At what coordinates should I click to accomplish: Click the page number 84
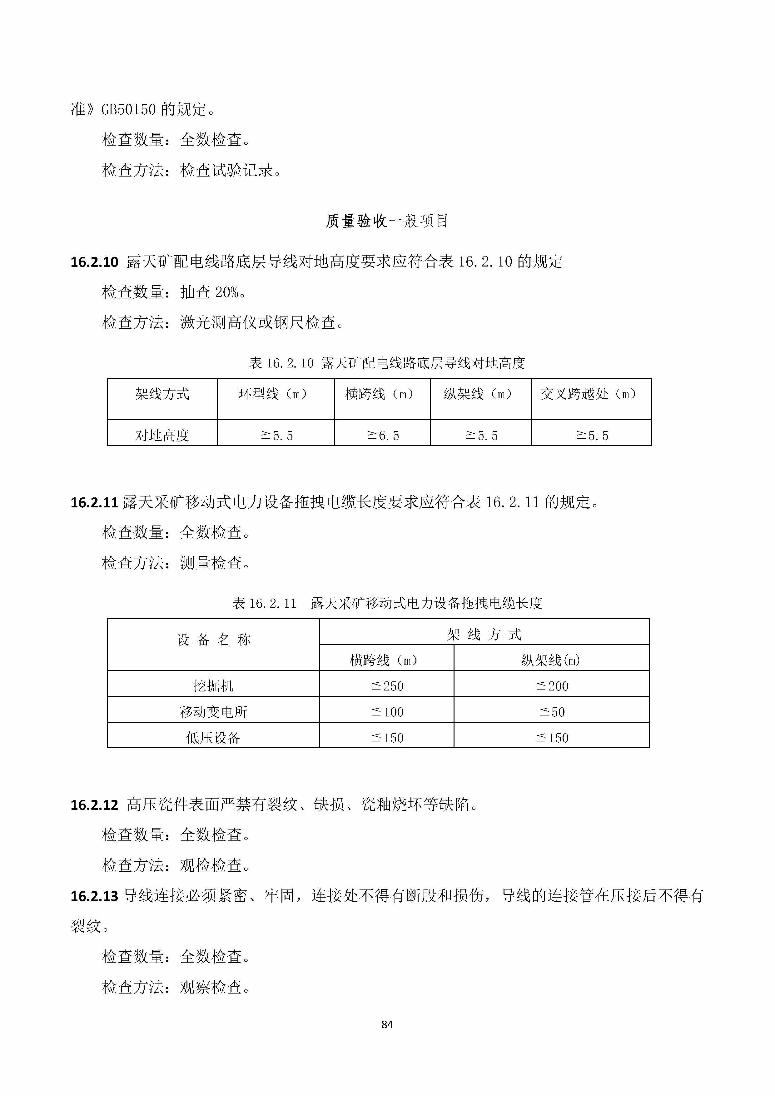tap(387, 1024)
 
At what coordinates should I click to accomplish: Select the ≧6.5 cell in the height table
tap(383, 435)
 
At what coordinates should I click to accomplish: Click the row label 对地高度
tap(162, 435)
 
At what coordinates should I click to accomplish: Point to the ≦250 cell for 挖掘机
tap(387, 686)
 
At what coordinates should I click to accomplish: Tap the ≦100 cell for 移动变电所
tap(387, 712)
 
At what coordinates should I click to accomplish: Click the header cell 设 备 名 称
tap(213, 640)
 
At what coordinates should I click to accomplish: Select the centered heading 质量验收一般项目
tap(387, 221)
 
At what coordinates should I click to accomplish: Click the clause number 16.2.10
tap(94, 262)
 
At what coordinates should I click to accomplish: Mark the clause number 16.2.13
tap(94, 896)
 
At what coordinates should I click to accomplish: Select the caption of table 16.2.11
tap(387, 603)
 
